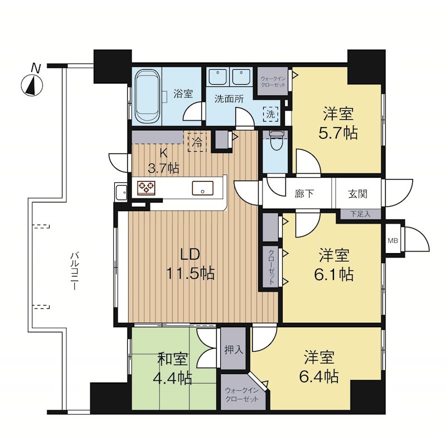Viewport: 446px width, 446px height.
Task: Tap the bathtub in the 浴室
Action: pos(147,96)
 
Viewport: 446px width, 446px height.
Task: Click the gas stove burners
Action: pos(146,188)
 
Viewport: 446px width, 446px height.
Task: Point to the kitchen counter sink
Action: pos(202,188)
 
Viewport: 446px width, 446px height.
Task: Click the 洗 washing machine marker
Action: pos(271,114)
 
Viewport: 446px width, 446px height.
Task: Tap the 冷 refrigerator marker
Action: pos(197,142)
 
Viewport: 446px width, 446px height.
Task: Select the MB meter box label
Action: pos(393,241)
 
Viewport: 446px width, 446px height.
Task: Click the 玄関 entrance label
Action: pos(357,194)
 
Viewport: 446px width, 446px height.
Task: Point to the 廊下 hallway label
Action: pos(304,194)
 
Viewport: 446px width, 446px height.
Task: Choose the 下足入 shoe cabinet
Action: pos(360,214)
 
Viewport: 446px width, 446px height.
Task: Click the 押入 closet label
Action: pos(234,350)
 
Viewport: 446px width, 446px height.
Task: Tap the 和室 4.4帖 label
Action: pos(172,369)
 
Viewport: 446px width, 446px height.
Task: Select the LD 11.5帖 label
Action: pos(190,264)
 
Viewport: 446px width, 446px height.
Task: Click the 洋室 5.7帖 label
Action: pos(338,123)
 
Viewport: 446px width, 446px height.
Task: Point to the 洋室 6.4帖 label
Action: pos(319,367)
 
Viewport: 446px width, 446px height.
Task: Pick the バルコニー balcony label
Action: pos(74,270)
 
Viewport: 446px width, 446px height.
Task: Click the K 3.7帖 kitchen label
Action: pos(163,161)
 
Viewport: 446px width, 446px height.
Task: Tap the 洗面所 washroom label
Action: pos(229,99)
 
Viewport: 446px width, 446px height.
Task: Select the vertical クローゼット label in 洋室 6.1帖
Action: pos(271,268)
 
